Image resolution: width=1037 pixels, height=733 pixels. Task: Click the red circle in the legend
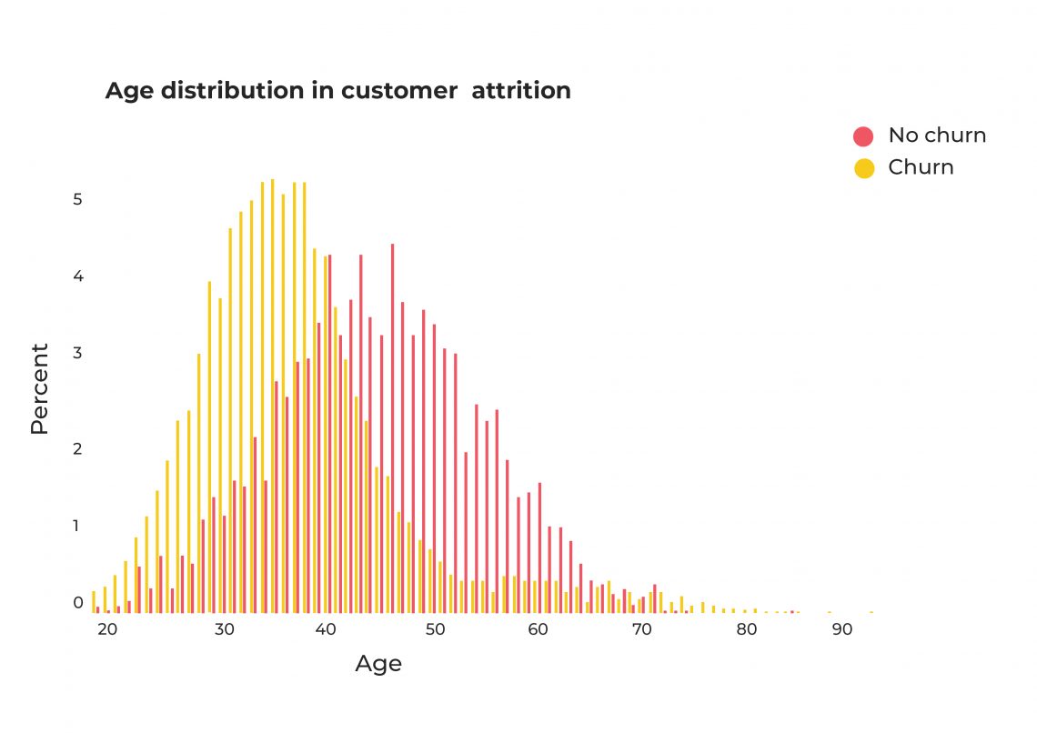tap(863, 136)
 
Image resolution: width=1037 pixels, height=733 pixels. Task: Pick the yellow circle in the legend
tap(863, 168)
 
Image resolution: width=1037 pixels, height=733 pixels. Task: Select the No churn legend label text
tap(937, 136)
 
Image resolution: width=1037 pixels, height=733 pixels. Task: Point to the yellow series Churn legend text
tap(921, 167)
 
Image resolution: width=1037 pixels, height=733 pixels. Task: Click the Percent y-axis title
tap(39, 388)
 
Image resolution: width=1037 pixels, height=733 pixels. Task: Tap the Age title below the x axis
tap(378, 664)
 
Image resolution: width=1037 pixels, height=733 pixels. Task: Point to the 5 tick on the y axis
tap(78, 199)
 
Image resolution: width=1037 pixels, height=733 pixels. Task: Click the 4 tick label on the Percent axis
tap(78, 276)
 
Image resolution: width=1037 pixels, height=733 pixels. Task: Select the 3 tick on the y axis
tap(78, 353)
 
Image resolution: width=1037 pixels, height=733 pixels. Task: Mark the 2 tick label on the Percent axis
tap(78, 448)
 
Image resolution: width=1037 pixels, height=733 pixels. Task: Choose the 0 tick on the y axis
tap(78, 602)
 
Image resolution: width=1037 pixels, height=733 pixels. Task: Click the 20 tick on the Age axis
tap(106, 630)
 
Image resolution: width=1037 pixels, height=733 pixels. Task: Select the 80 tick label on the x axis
tap(747, 630)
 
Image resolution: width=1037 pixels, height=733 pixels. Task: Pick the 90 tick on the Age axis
tap(842, 630)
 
